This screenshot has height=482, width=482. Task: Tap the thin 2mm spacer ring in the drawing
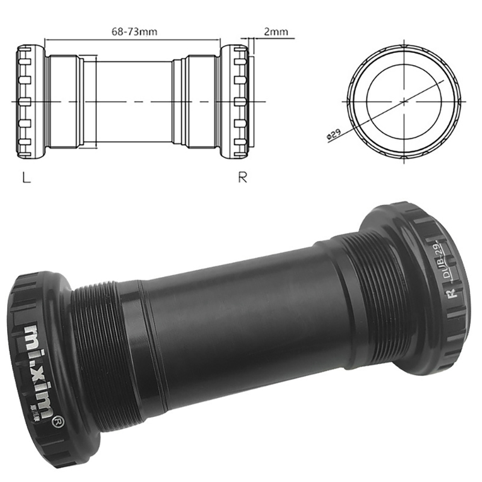click(x=252, y=101)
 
